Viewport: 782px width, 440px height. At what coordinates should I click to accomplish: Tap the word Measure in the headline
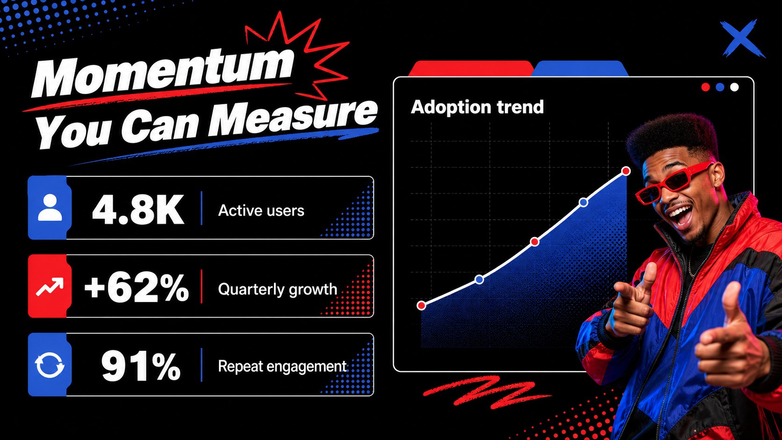(x=293, y=119)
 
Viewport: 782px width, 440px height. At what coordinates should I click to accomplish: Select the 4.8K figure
(x=138, y=209)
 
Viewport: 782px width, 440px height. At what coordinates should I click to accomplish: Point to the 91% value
(x=141, y=367)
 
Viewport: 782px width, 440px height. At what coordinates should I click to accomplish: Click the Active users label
(x=261, y=210)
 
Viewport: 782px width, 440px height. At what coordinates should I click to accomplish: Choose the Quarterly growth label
(x=277, y=289)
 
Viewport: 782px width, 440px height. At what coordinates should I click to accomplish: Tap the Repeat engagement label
(x=282, y=367)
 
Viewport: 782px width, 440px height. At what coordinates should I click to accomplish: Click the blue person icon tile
(x=50, y=208)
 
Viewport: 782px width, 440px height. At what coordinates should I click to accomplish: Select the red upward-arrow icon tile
(x=50, y=286)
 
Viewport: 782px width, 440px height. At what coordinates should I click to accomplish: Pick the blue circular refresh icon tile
(x=50, y=365)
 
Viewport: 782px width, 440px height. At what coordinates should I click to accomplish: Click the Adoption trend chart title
(x=477, y=107)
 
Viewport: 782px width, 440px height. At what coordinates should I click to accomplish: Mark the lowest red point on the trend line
(x=421, y=306)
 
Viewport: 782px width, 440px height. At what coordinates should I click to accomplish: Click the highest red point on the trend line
(x=626, y=171)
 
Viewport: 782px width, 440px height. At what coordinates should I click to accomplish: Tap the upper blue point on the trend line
(x=583, y=202)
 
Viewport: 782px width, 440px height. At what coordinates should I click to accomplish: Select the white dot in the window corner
(x=734, y=87)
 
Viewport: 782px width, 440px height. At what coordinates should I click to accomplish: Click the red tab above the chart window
(x=471, y=68)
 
